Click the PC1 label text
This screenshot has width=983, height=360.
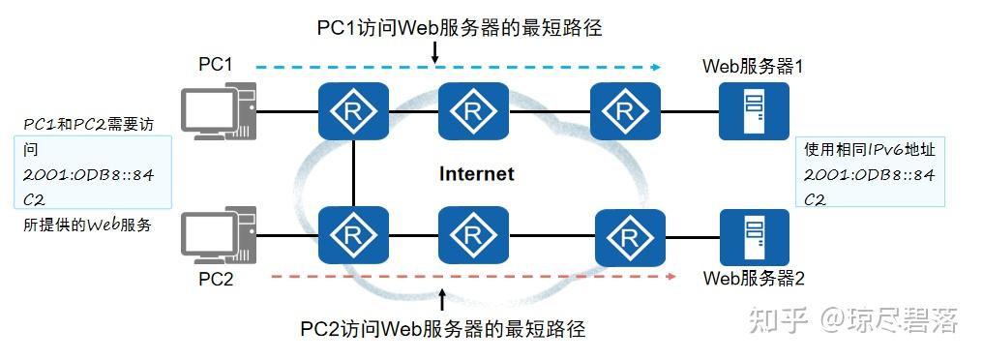[x=216, y=65]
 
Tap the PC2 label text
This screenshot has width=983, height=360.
[x=216, y=279]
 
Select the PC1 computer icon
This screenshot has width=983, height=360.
[x=220, y=111]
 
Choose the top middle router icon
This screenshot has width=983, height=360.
[x=472, y=111]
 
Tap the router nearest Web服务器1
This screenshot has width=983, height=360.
[x=620, y=111]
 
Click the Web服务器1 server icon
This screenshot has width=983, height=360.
[x=754, y=111]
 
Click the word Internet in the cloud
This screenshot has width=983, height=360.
[x=477, y=174]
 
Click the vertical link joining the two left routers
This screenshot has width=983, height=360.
[x=354, y=174]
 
